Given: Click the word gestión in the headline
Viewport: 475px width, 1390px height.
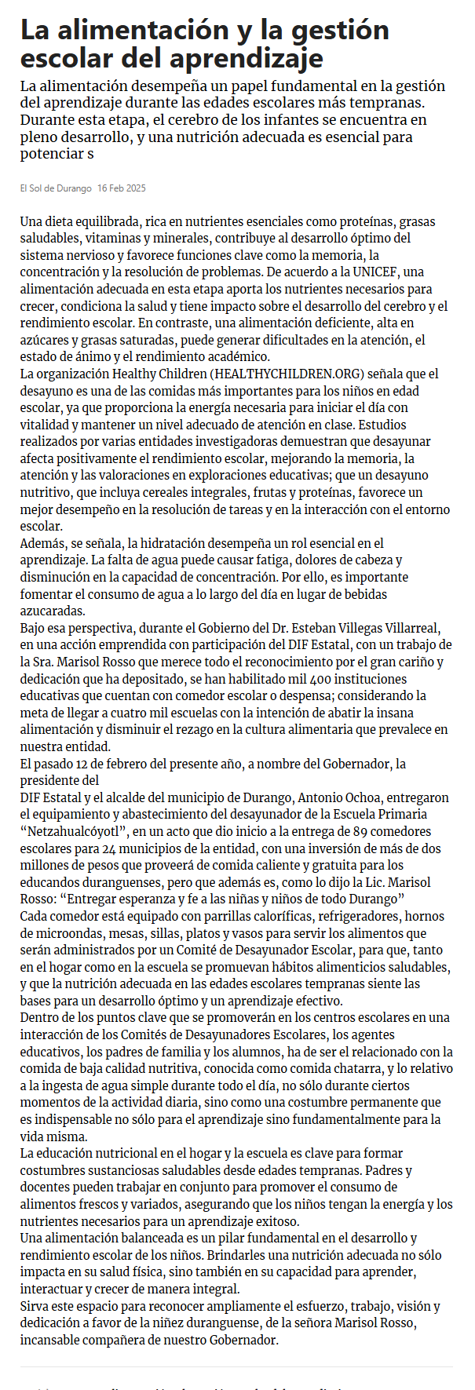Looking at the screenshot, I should pos(341,30).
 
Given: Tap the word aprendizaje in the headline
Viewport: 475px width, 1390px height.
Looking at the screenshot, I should pos(246,58).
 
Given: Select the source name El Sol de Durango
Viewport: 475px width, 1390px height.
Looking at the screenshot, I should pos(56,188).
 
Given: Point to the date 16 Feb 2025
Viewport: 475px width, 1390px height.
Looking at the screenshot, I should pos(122,188).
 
